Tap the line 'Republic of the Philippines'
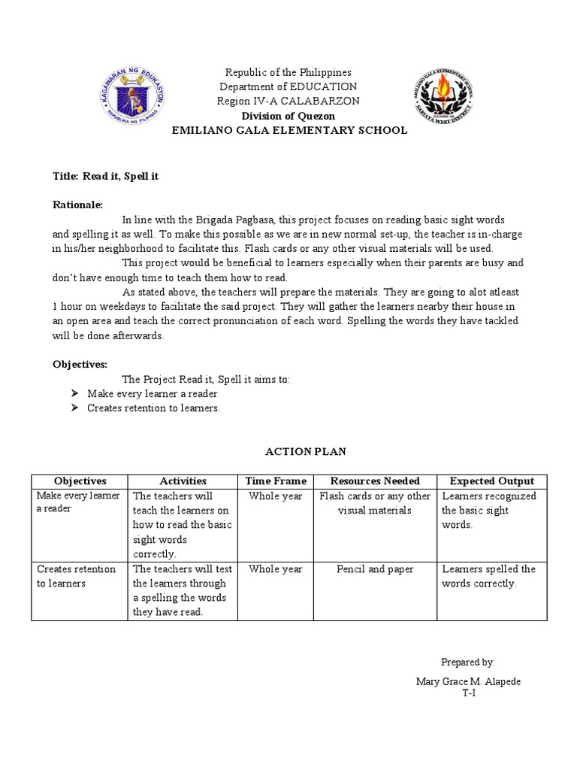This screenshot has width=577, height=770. click(288, 72)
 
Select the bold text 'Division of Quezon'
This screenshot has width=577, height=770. click(288, 116)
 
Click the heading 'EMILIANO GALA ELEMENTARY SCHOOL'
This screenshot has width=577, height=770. click(289, 130)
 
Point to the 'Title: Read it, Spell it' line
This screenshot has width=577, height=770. click(105, 176)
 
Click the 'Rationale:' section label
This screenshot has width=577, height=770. click(78, 205)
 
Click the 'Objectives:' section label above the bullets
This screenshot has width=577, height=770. click(80, 364)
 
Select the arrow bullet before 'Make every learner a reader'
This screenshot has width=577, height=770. click(74, 393)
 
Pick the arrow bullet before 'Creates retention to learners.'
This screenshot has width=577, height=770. click(74, 408)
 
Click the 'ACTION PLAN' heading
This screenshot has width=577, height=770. click(288, 451)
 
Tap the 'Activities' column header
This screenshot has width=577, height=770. click(183, 481)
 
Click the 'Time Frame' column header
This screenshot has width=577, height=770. click(276, 481)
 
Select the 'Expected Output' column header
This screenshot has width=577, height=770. click(491, 481)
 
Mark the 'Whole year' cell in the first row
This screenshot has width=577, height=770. click(276, 496)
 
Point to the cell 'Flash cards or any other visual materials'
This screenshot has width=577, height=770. click(375, 503)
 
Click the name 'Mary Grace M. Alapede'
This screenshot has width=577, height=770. click(468, 681)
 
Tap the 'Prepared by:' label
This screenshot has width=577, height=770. click(467, 662)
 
